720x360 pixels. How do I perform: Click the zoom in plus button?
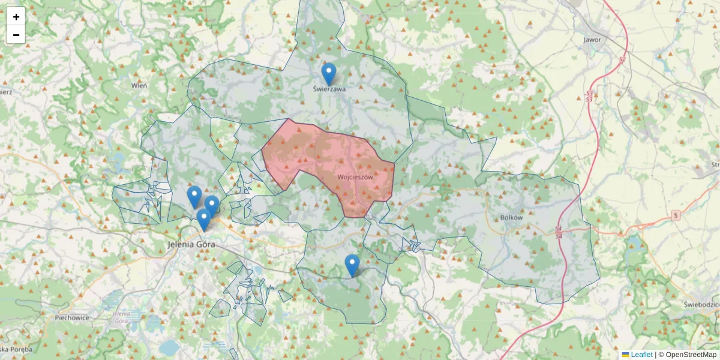pyautogui.click(x=16, y=16)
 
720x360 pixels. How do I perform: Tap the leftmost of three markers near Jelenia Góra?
pyautogui.click(x=194, y=197)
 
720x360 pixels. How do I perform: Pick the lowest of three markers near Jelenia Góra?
pyautogui.click(x=204, y=220)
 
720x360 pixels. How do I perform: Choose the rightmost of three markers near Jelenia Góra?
pyautogui.click(x=212, y=206)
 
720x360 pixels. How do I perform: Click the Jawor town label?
pyautogui.click(x=592, y=40)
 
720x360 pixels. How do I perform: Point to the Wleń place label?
pyautogui.click(x=139, y=86)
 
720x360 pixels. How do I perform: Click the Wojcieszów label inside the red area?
pyautogui.click(x=355, y=178)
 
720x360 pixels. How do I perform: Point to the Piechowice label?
pyautogui.click(x=71, y=318)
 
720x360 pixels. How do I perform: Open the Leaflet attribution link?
pyautogui.click(x=641, y=355)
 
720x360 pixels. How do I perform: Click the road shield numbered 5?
pyautogui.click(x=676, y=215)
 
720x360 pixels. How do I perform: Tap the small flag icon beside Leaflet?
pyautogui.click(x=625, y=355)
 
